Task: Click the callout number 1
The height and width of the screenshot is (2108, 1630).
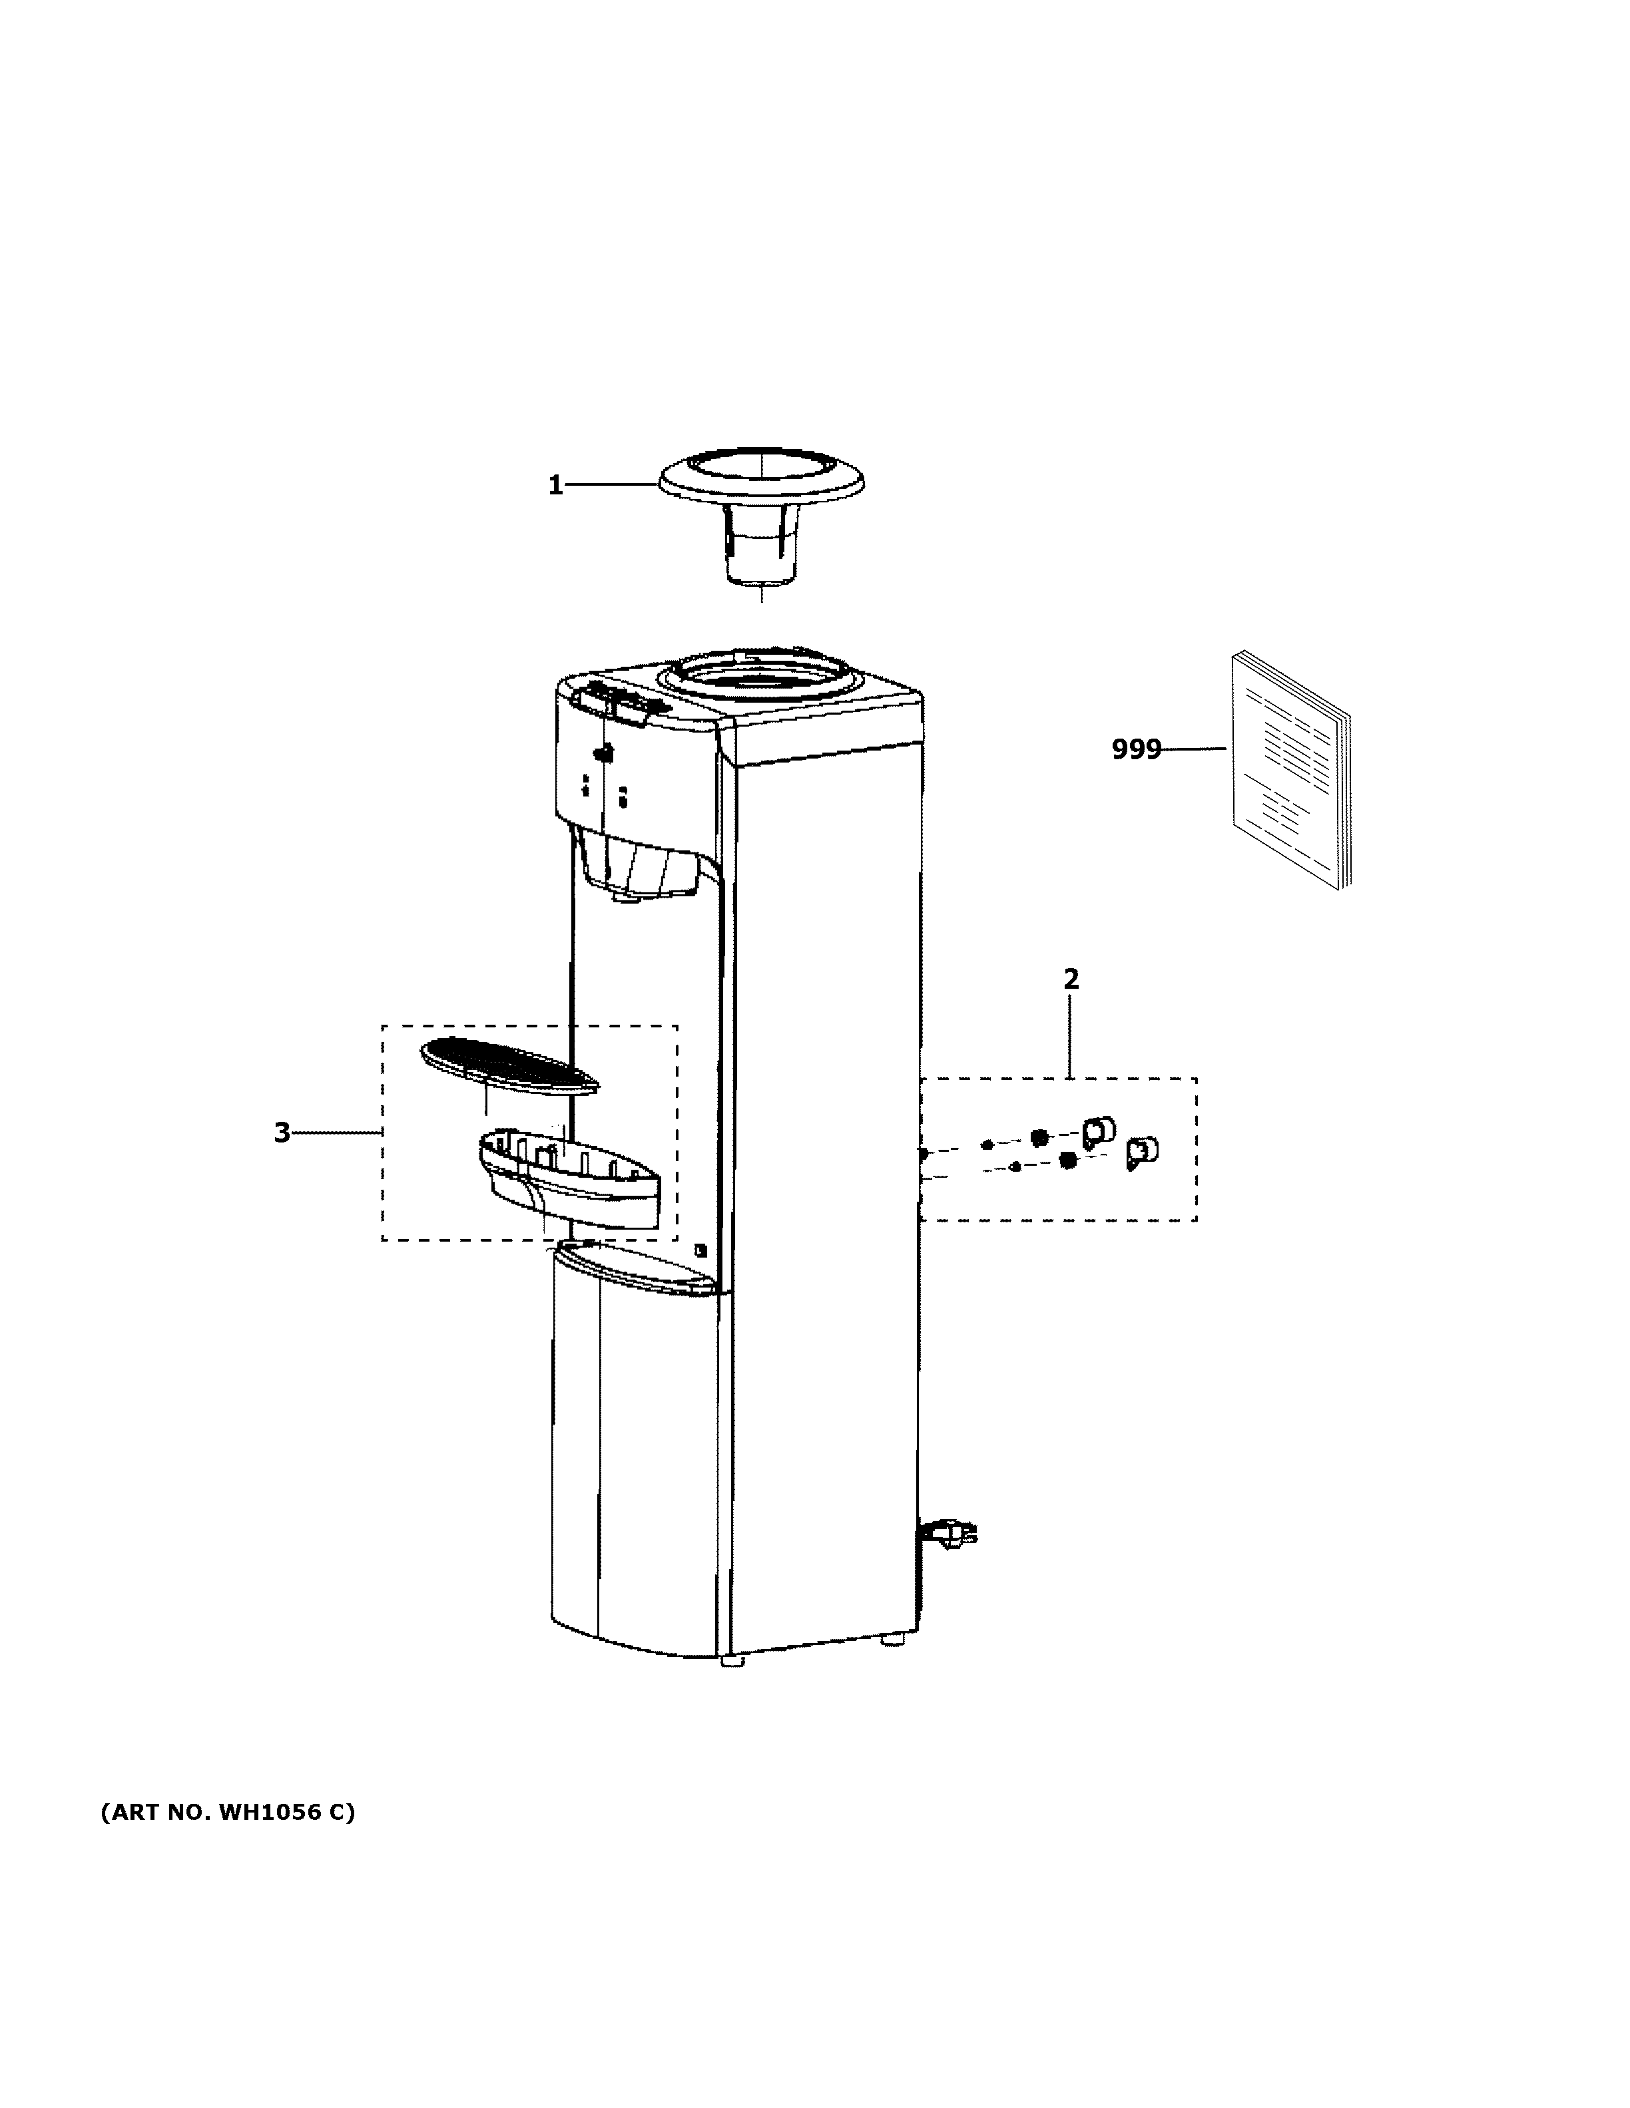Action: pyautogui.click(x=555, y=486)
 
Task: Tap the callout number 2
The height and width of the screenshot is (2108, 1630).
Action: pyautogui.click(x=1071, y=979)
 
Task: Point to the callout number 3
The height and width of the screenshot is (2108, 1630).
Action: pyautogui.click(x=281, y=1132)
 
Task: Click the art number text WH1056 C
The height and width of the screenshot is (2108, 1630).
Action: pyautogui.click(x=228, y=1812)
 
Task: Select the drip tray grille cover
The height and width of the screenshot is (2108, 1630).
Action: pyautogui.click(x=508, y=1065)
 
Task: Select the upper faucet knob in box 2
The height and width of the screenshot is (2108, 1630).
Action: pyautogui.click(x=1099, y=1129)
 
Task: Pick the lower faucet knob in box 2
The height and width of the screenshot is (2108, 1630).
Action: pyautogui.click(x=1143, y=1152)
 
